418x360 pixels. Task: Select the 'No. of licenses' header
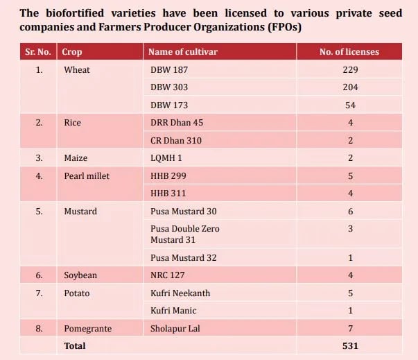coord(349,52)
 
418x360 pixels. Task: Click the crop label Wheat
coord(76,70)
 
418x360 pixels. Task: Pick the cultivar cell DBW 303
coord(169,87)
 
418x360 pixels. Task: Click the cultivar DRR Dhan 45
coord(177,123)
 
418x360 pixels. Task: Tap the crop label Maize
coord(76,158)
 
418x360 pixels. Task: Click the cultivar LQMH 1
coord(166,158)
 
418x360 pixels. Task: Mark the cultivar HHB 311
coord(167,193)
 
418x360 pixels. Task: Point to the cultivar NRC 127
coord(168,275)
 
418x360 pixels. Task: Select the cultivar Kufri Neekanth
coord(180,293)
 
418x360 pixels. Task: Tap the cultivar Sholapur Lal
coord(175,328)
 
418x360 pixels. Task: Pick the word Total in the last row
coord(74,345)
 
